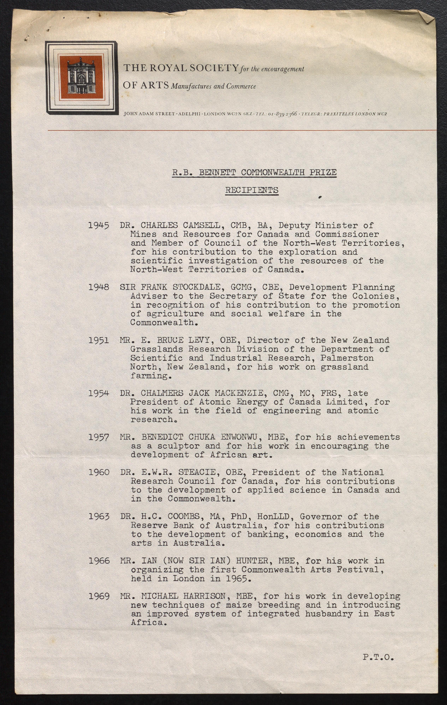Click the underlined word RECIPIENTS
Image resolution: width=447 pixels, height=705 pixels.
252,190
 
